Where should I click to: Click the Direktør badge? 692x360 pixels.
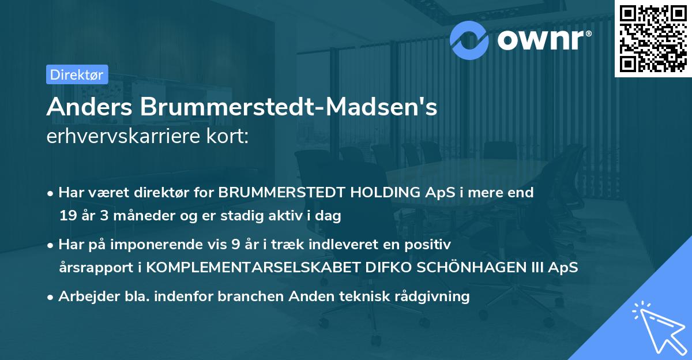77,74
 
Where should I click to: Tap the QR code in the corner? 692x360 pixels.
653,38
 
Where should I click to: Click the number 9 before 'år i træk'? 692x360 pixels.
234,245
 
